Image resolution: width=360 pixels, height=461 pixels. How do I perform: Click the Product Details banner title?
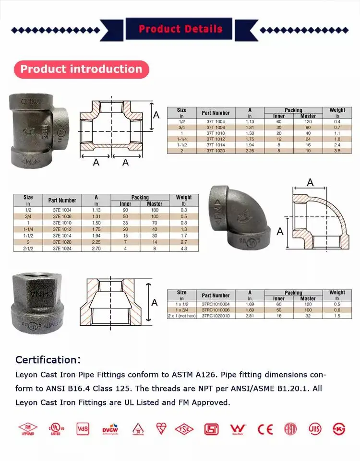[180, 29]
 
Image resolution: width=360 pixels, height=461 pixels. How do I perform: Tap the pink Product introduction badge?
[82, 69]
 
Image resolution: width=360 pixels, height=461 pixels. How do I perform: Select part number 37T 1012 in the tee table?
[216, 139]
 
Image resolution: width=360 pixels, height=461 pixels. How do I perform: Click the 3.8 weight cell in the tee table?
[337, 151]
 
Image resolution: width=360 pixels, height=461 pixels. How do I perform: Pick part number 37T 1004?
[216, 121]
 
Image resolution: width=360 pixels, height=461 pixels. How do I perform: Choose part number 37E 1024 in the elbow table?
[62, 248]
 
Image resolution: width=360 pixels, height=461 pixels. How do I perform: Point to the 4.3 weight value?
[183, 248]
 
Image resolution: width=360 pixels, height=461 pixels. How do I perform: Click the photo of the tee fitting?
[38, 130]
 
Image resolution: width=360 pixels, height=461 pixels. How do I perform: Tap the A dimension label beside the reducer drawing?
[155, 303]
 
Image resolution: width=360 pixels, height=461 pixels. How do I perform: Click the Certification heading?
[48, 360]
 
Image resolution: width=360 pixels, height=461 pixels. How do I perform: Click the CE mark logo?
[265, 429]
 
